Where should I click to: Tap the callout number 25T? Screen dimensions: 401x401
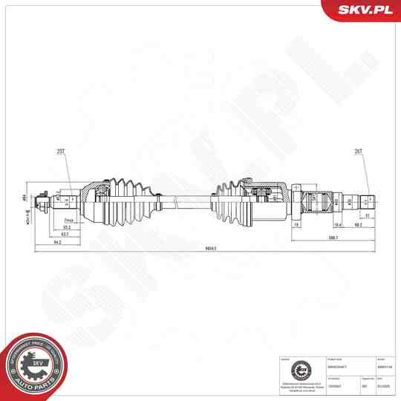tap(61, 151)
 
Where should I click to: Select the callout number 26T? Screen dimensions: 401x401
tap(359, 151)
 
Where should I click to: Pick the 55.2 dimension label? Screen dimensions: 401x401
tap(68, 227)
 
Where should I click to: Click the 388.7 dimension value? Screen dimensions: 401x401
tap(332, 238)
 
